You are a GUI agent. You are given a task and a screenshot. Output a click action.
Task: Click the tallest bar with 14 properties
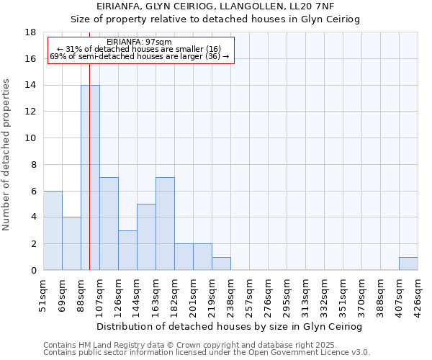[90, 178]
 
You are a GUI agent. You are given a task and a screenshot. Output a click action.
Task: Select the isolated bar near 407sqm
[408, 264]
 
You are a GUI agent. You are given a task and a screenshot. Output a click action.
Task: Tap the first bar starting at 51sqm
[53, 230]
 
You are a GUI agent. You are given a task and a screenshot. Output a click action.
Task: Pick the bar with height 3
[127, 250]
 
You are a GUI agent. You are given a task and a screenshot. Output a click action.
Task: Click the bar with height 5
[146, 237]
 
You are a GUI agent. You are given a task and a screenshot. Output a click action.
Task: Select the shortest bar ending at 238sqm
[221, 264]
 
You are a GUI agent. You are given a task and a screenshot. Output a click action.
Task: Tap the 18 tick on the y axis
[31, 32]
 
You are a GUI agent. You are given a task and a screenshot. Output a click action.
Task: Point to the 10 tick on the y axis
[31, 138]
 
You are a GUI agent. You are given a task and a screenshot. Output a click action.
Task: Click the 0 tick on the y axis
[33, 270]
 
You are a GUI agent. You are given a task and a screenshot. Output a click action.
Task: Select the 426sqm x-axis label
[418, 293]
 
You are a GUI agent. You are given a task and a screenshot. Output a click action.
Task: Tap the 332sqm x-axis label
[325, 293]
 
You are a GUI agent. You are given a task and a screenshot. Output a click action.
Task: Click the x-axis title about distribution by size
[229, 326]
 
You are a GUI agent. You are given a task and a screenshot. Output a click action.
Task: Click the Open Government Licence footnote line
[207, 353]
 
